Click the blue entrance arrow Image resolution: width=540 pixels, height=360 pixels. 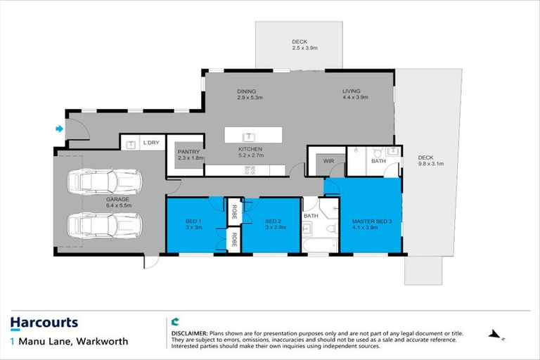click(x=59, y=129)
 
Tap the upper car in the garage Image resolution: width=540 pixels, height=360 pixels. click(x=105, y=182)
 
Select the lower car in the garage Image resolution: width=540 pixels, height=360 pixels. click(x=105, y=226)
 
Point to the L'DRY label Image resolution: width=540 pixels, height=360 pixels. click(x=152, y=143)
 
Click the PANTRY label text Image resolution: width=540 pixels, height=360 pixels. click(x=188, y=151)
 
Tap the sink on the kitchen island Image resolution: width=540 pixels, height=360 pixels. click(x=247, y=135)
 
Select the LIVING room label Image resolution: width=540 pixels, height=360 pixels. click(x=351, y=91)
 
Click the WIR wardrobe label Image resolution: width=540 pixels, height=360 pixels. click(x=328, y=161)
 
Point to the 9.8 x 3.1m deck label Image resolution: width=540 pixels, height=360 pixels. click(x=426, y=161)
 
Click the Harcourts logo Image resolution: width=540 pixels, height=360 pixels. click(x=44, y=323)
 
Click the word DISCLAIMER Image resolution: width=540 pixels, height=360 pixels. click(x=189, y=331)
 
